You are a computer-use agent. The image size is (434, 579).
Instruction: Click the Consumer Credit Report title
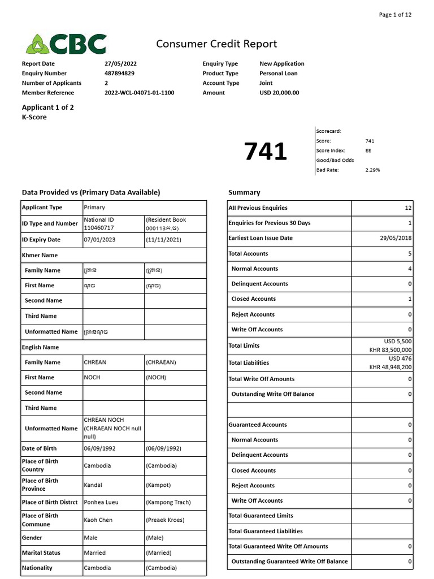216,44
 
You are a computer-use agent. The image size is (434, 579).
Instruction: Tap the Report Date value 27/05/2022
120,64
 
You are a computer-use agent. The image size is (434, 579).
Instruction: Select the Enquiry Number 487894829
120,74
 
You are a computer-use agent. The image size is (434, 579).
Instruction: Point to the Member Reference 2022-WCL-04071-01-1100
140,93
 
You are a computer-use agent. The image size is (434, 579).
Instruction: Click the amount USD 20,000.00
279,93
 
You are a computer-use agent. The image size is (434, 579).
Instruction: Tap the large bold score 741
265,152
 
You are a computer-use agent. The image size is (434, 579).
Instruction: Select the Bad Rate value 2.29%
373,170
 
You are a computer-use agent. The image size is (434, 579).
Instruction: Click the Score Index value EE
368,150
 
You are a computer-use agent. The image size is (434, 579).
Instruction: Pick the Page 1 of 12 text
395,15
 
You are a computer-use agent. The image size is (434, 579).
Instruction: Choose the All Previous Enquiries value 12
408,208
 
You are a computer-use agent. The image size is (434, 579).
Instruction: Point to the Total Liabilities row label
249,362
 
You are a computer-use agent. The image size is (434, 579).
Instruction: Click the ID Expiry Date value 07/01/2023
99,240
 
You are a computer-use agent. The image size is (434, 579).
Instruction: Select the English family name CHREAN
95,362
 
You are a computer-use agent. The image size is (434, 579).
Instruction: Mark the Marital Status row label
41,552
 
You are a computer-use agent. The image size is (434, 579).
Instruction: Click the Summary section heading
244,192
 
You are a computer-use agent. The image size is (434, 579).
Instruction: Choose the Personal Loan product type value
279,74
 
